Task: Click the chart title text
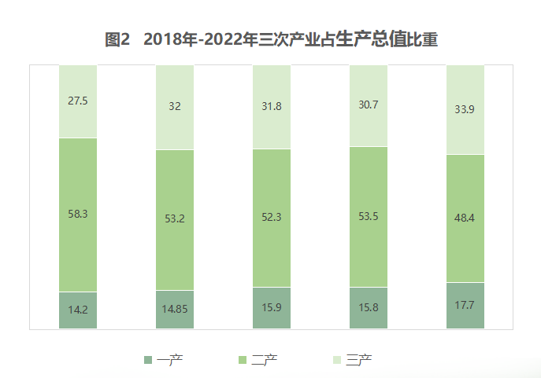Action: coord(271,39)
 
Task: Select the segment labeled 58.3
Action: coord(78,214)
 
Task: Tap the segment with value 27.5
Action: coord(78,101)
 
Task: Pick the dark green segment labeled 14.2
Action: coord(78,310)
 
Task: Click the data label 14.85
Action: coord(175,310)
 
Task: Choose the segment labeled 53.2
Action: coord(175,219)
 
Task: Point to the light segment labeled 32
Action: coord(175,108)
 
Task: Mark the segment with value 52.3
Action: coord(272,218)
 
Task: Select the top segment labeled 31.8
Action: coord(272,107)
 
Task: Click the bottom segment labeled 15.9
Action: coord(272,308)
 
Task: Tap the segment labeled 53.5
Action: coord(369,217)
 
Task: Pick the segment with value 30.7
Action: coord(369,105)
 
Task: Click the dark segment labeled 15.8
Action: coord(369,308)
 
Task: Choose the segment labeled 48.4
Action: coord(465,218)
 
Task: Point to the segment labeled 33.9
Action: coord(465,109)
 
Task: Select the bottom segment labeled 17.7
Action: coord(465,305)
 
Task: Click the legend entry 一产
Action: coord(169,360)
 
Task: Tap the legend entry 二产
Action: coord(264,360)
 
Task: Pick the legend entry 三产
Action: coord(358,360)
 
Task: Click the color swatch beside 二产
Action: coord(242,360)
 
